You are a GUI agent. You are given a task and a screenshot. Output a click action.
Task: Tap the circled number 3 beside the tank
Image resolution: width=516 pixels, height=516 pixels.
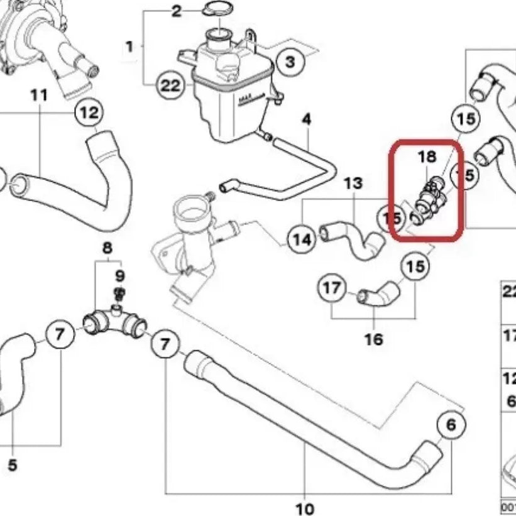pyautogui.click(x=290, y=62)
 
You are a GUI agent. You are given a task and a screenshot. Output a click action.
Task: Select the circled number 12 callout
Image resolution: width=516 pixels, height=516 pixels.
pyautogui.click(x=89, y=113)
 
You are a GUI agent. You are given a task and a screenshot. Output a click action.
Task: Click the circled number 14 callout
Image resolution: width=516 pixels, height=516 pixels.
pyautogui.click(x=302, y=239)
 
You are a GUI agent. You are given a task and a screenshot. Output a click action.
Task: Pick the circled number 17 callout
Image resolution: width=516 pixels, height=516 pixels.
pyautogui.click(x=331, y=288)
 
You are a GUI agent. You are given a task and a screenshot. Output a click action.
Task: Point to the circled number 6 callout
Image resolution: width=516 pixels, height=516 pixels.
pyautogui.click(x=451, y=425)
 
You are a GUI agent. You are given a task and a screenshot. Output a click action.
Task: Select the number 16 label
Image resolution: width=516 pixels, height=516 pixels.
pyautogui.click(x=374, y=340)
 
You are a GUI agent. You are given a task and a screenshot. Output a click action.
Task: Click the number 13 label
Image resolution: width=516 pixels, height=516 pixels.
pyautogui.click(x=353, y=184)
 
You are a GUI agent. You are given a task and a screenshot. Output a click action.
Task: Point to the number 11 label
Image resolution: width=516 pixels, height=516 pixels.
pyautogui.click(x=39, y=96)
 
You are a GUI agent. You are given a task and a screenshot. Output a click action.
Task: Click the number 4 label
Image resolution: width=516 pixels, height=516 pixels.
pyautogui.click(x=307, y=119)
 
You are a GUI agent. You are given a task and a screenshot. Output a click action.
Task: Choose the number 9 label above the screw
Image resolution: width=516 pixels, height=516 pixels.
pyautogui.click(x=119, y=275)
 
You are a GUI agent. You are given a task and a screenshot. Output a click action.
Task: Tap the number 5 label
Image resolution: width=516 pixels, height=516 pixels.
pyautogui.click(x=13, y=466)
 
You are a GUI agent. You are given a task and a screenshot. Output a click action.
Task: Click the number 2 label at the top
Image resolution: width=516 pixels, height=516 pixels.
pyautogui.click(x=177, y=11)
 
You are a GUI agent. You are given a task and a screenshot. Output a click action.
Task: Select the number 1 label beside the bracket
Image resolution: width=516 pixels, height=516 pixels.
pyautogui.click(x=129, y=47)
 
